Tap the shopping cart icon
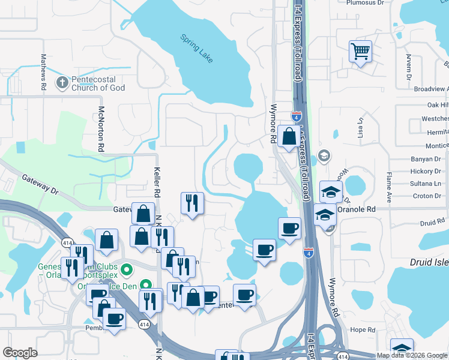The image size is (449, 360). [x=360, y=52]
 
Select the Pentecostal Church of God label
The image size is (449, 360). [x=98, y=83]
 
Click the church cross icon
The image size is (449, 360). [x=62, y=82]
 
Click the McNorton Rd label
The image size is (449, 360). [x=101, y=129]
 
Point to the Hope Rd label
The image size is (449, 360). [x=363, y=329]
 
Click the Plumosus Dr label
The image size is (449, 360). [x=364, y=2]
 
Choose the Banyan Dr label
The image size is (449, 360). [x=426, y=159]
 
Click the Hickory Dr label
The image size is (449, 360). [x=426, y=171]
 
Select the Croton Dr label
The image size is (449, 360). [x=427, y=196]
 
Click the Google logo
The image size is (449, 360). [x=20, y=353]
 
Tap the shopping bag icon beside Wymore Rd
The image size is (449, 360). [x=289, y=136]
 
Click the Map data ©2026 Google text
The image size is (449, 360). [x=412, y=355]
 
